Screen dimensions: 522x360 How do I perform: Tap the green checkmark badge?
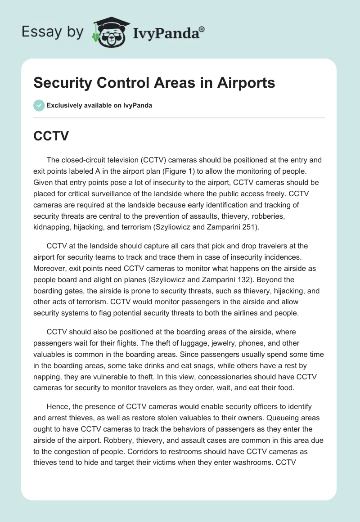[x=39, y=105]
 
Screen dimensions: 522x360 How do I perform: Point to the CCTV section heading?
[x=51, y=136]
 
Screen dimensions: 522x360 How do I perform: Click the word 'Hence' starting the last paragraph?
[x=58, y=406]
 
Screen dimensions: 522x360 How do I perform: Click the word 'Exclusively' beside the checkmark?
[x=65, y=106]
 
